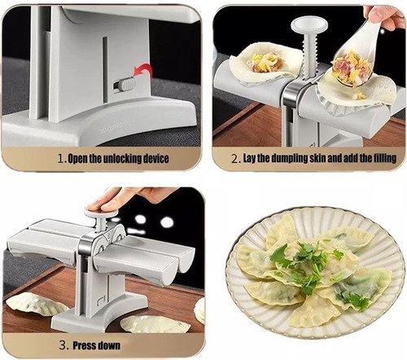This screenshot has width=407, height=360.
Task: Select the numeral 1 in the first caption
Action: pos(62,159)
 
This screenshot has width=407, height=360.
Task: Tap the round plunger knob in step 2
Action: pos(309,25)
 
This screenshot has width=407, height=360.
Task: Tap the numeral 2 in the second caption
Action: pos(234,159)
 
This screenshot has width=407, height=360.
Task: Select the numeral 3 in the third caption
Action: pos(63,346)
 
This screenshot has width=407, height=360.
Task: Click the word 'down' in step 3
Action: pos(109,346)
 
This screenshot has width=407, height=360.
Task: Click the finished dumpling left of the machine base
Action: pos(35,305)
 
